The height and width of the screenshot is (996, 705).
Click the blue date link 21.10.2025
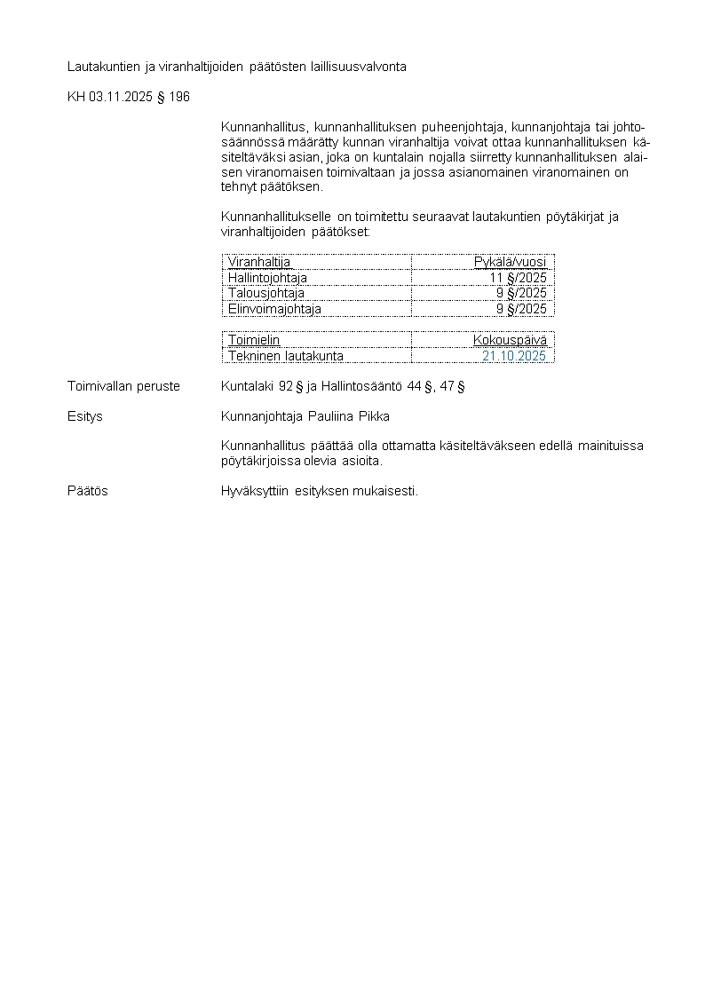[x=514, y=356]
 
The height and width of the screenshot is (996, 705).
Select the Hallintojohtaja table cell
[x=267, y=278]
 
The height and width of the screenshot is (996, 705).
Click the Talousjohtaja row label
[x=265, y=293]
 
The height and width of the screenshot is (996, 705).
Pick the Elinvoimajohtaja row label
[x=274, y=309]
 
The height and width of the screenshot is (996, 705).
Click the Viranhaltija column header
[x=259, y=262]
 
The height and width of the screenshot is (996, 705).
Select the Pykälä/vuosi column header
[x=510, y=262]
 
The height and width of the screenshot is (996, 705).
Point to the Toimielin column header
[x=254, y=340]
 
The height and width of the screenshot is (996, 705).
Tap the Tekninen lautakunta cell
[x=286, y=356]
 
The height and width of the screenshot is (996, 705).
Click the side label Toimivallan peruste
[x=123, y=386]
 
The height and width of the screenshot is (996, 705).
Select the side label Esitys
[x=85, y=416]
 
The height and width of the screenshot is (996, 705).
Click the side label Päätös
[x=88, y=491]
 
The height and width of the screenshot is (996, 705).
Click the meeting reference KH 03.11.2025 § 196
[x=129, y=97]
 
